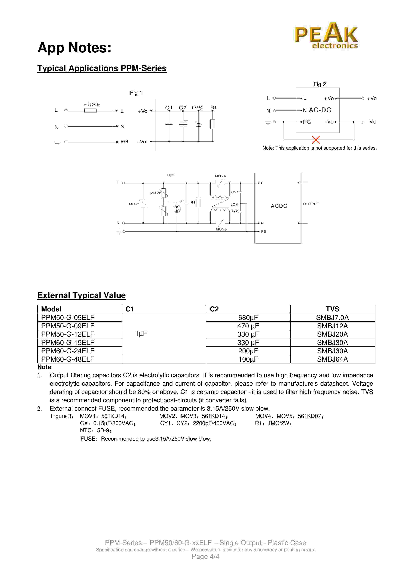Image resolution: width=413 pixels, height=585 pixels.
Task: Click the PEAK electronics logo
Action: point(326,36)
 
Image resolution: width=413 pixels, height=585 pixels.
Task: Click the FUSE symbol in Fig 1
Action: point(90,111)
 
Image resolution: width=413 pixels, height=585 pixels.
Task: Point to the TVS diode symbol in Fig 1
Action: point(198,124)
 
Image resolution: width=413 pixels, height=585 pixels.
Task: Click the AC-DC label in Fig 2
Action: point(320,110)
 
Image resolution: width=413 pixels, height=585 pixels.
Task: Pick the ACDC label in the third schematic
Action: point(279,206)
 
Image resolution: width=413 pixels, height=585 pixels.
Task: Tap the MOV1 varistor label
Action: point(134,204)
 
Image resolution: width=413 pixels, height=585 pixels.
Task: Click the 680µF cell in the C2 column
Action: point(248,318)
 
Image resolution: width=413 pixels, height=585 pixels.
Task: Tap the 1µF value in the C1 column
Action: point(141,334)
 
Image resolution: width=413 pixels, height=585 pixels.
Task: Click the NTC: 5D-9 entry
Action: point(95,430)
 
